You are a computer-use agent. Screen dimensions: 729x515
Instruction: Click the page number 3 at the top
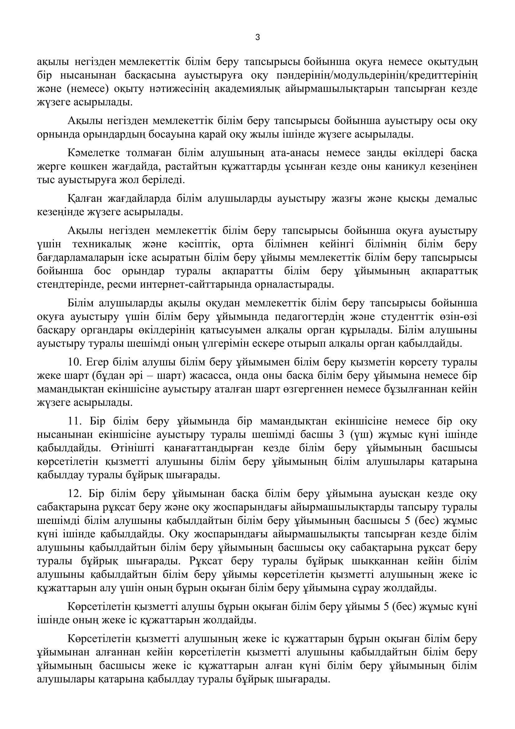(257, 38)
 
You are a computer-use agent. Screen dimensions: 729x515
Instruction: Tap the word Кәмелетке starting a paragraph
(93, 153)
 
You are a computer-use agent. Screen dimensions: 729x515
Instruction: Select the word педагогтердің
(316, 317)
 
